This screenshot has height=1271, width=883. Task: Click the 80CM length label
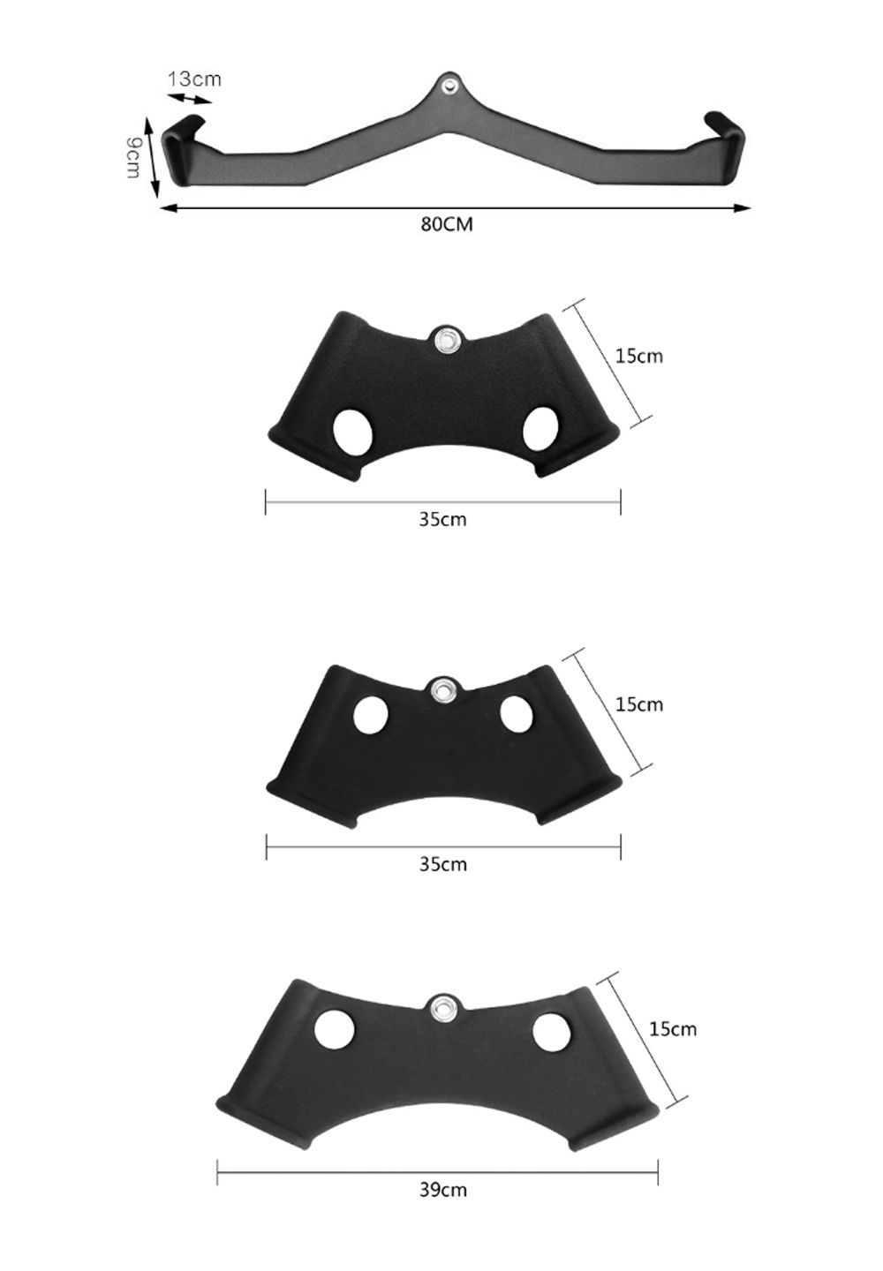pyautogui.click(x=446, y=224)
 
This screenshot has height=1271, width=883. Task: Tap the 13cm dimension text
pyautogui.click(x=194, y=79)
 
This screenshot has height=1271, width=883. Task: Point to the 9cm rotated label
pyautogui.click(x=133, y=157)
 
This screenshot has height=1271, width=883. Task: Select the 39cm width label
pyautogui.click(x=442, y=1189)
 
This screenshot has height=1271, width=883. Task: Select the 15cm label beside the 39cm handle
pyautogui.click(x=672, y=1028)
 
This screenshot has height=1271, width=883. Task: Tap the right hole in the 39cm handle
pyautogui.click(x=552, y=1031)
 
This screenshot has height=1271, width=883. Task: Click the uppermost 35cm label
pyautogui.click(x=442, y=519)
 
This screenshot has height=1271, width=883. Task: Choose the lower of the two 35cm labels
pyautogui.click(x=442, y=863)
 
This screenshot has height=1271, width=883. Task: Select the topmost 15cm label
pyautogui.click(x=638, y=356)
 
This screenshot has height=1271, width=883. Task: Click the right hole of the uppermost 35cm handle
pyautogui.click(x=541, y=430)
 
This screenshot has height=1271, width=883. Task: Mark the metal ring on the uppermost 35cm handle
pyautogui.click(x=446, y=340)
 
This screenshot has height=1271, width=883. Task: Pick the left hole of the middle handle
pyautogui.click(x=371, y=714)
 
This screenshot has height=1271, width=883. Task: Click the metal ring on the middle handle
pyautogui.click(x=441, y=689)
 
